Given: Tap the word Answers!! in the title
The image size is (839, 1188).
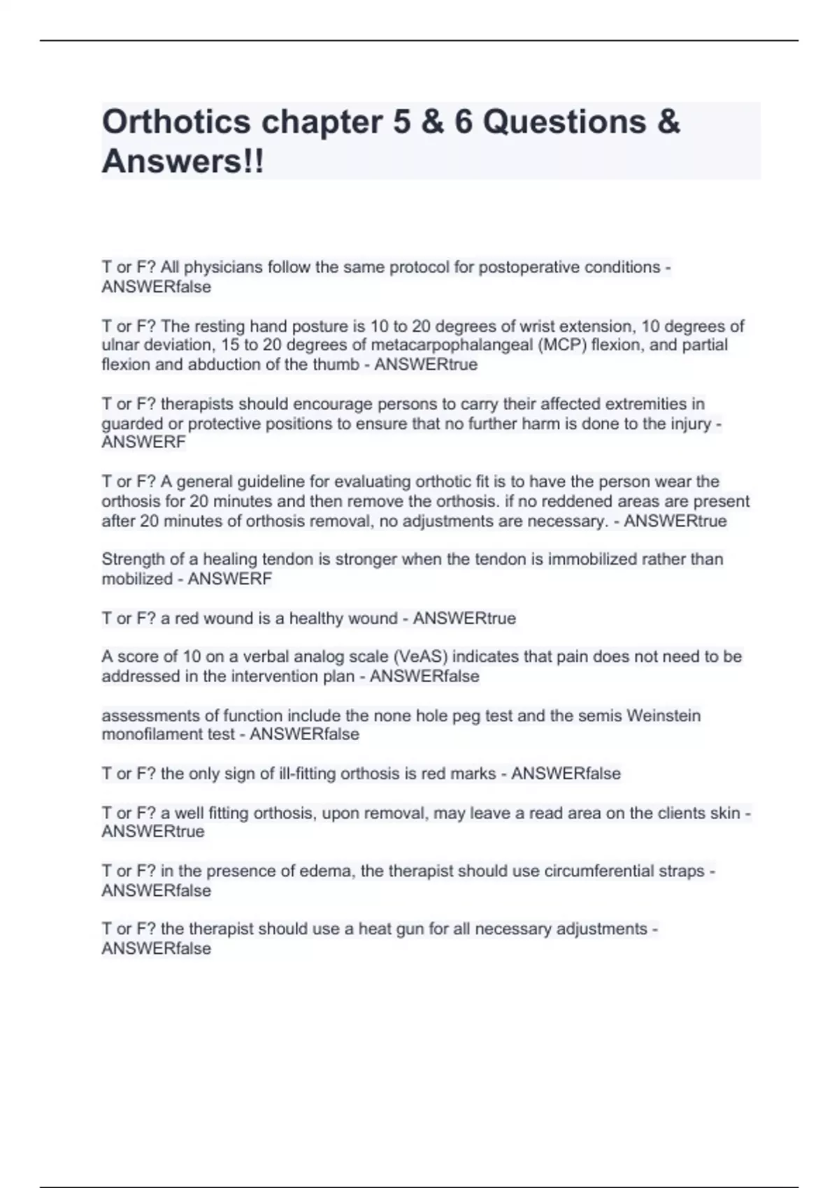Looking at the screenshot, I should click(183, 161).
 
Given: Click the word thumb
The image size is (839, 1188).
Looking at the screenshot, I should click(335, 365).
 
